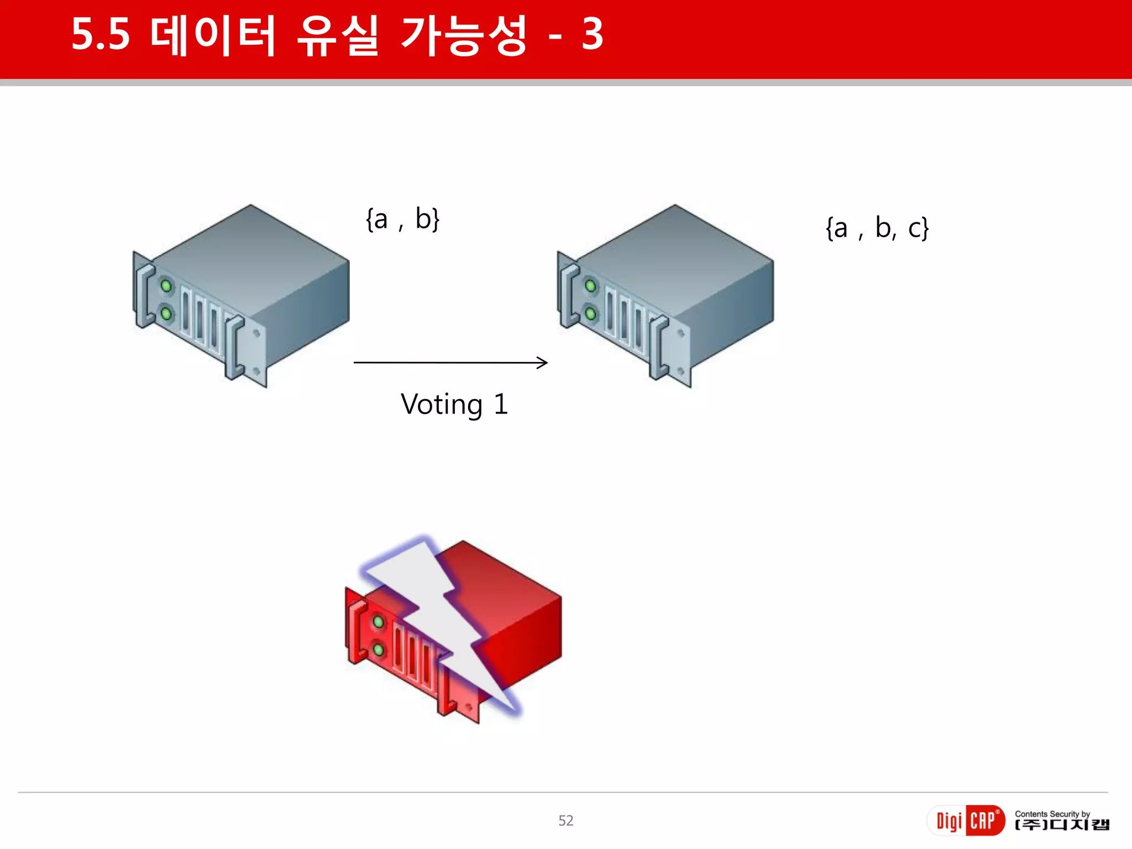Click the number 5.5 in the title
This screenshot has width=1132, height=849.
tap(101, 35)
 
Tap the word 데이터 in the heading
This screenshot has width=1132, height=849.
tap(213, 36)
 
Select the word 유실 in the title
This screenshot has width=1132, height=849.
tap(338, 36)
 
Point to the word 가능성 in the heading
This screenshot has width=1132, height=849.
tap(464, 36)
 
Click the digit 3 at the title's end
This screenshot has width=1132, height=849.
tap(592, 35)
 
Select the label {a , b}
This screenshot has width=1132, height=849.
tap(402, 219)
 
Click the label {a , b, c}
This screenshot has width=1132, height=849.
tap(877, 228)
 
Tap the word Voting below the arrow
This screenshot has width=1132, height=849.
tap(442, 405)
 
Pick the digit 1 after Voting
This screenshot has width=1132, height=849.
tap(500, 404)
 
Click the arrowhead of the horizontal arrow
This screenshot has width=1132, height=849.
tap(543, 363)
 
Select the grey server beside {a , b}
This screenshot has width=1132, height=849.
tap(243, 293)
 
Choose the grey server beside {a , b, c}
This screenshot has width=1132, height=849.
tap(668, 293)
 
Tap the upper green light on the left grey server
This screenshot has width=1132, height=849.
tap(166, 286)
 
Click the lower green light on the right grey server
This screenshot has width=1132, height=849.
tap(590, 314)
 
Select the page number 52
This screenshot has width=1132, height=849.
tap(565, 820)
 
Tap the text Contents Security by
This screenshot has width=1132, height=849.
tap(1052, 814)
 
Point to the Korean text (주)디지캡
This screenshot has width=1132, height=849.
tap(1062, 825)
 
